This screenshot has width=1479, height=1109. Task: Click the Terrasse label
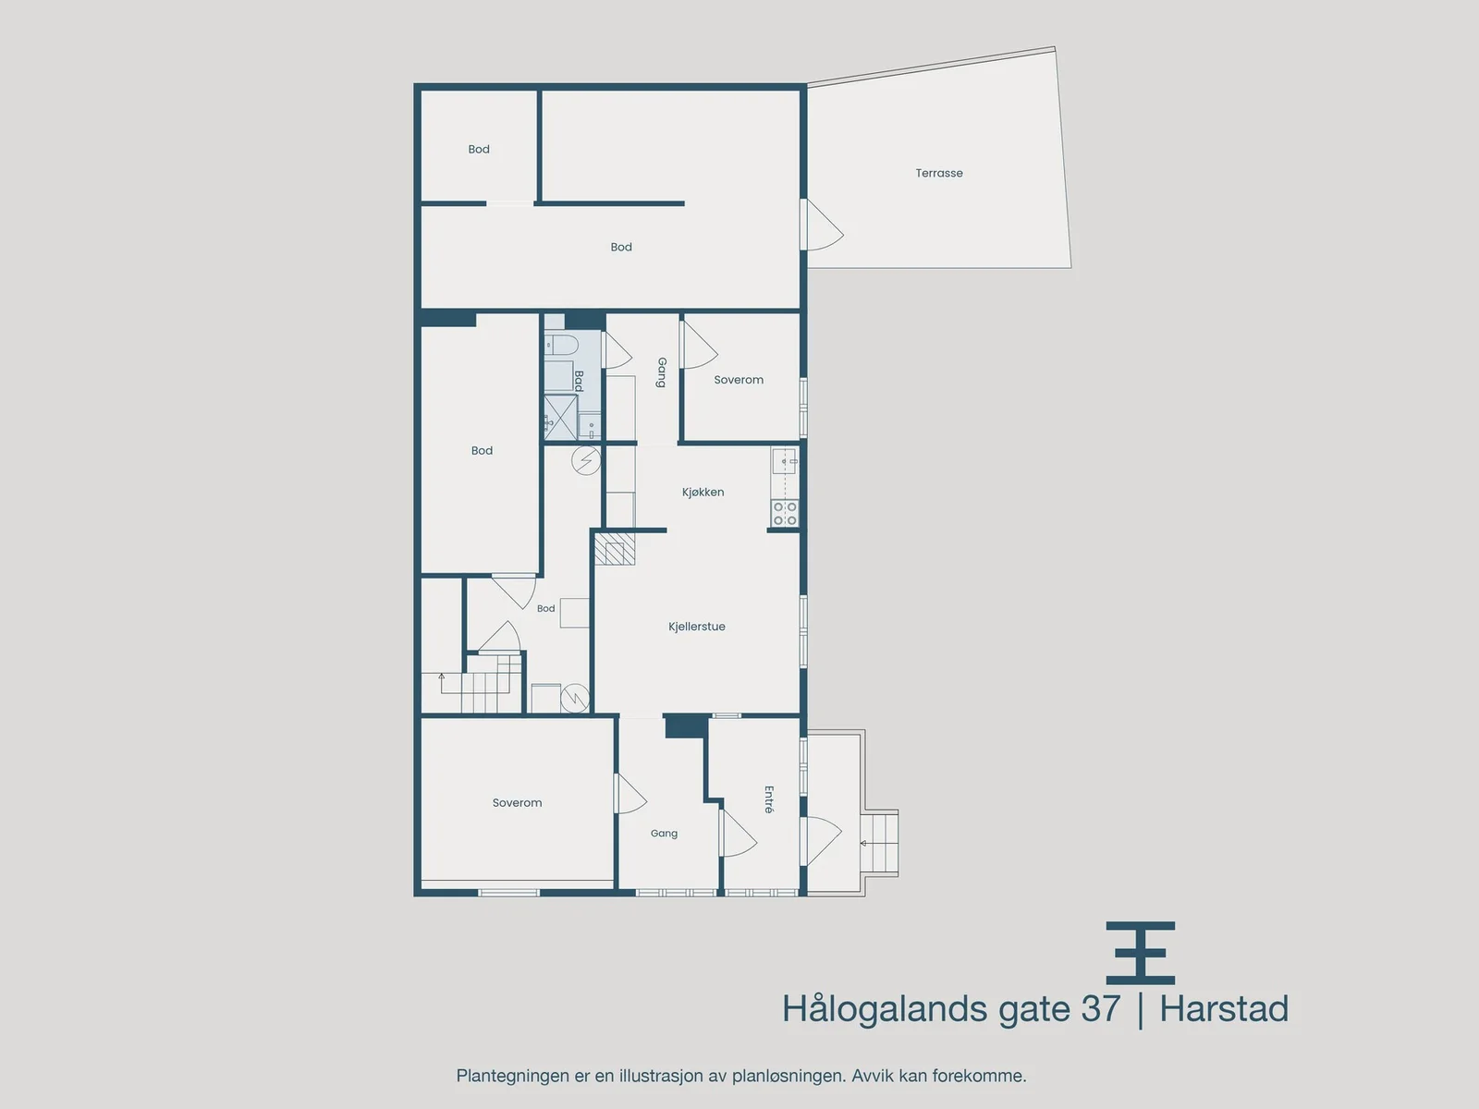click(938, 173)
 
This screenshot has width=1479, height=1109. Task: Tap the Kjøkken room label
click(703, 493)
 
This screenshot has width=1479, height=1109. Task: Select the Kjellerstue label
click(697, 627)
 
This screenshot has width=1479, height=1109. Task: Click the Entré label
click(769, 799)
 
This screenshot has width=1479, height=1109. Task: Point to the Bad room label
click(578, 381)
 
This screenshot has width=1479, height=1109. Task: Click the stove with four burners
click(785, 513)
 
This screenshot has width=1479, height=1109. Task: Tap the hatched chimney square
click(615, 548)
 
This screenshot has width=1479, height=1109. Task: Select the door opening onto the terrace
click(822, 225)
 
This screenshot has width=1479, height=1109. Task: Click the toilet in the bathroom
click(561, 345)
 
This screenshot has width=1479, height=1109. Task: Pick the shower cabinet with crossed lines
click(560, 417)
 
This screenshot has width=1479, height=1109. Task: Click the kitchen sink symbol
click(785, 461)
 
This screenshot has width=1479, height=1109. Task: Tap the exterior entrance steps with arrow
click(879, 843)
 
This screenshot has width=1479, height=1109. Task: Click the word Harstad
click(1224, 1008)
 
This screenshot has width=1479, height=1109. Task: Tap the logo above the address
click(1140, 953)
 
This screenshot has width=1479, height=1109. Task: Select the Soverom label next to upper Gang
click(739, 380)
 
